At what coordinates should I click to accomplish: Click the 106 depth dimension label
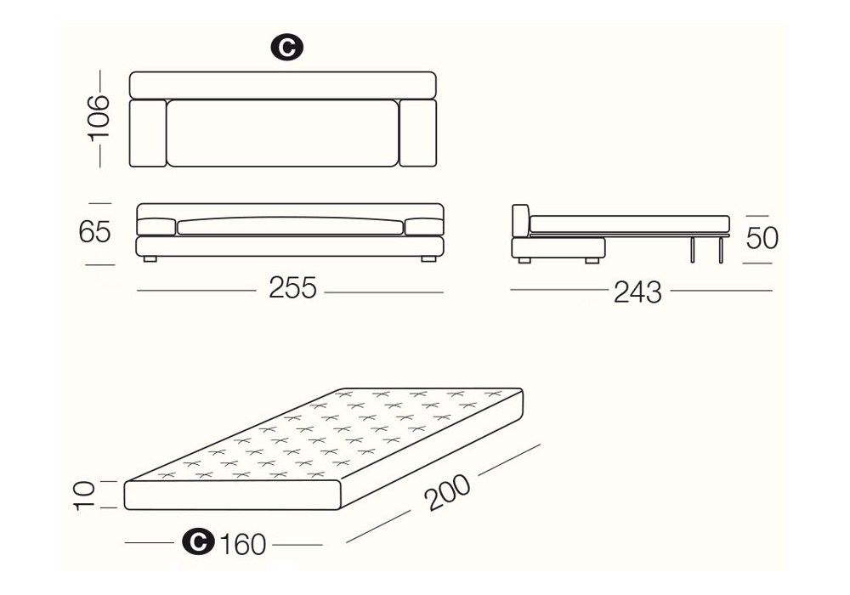99,117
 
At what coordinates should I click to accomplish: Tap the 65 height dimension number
94,232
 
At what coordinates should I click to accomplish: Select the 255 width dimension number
292,288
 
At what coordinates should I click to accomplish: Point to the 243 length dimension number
637,292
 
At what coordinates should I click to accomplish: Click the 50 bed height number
762,237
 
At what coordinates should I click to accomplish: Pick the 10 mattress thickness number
84,495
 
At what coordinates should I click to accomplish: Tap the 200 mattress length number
448,493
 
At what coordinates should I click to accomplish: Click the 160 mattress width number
242,544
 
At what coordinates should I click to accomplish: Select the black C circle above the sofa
286,48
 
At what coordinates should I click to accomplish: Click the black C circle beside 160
198,541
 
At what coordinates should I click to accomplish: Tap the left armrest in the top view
148,133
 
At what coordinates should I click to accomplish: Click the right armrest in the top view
418,133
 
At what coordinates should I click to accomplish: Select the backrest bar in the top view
283,85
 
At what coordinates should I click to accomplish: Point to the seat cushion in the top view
283,133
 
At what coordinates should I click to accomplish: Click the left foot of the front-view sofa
149,259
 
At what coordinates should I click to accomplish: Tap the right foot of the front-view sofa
428,259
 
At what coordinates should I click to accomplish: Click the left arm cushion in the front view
156,227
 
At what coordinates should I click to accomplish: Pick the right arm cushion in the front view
424,227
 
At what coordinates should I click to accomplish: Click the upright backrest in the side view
520,221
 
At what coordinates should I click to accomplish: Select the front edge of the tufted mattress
233,496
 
